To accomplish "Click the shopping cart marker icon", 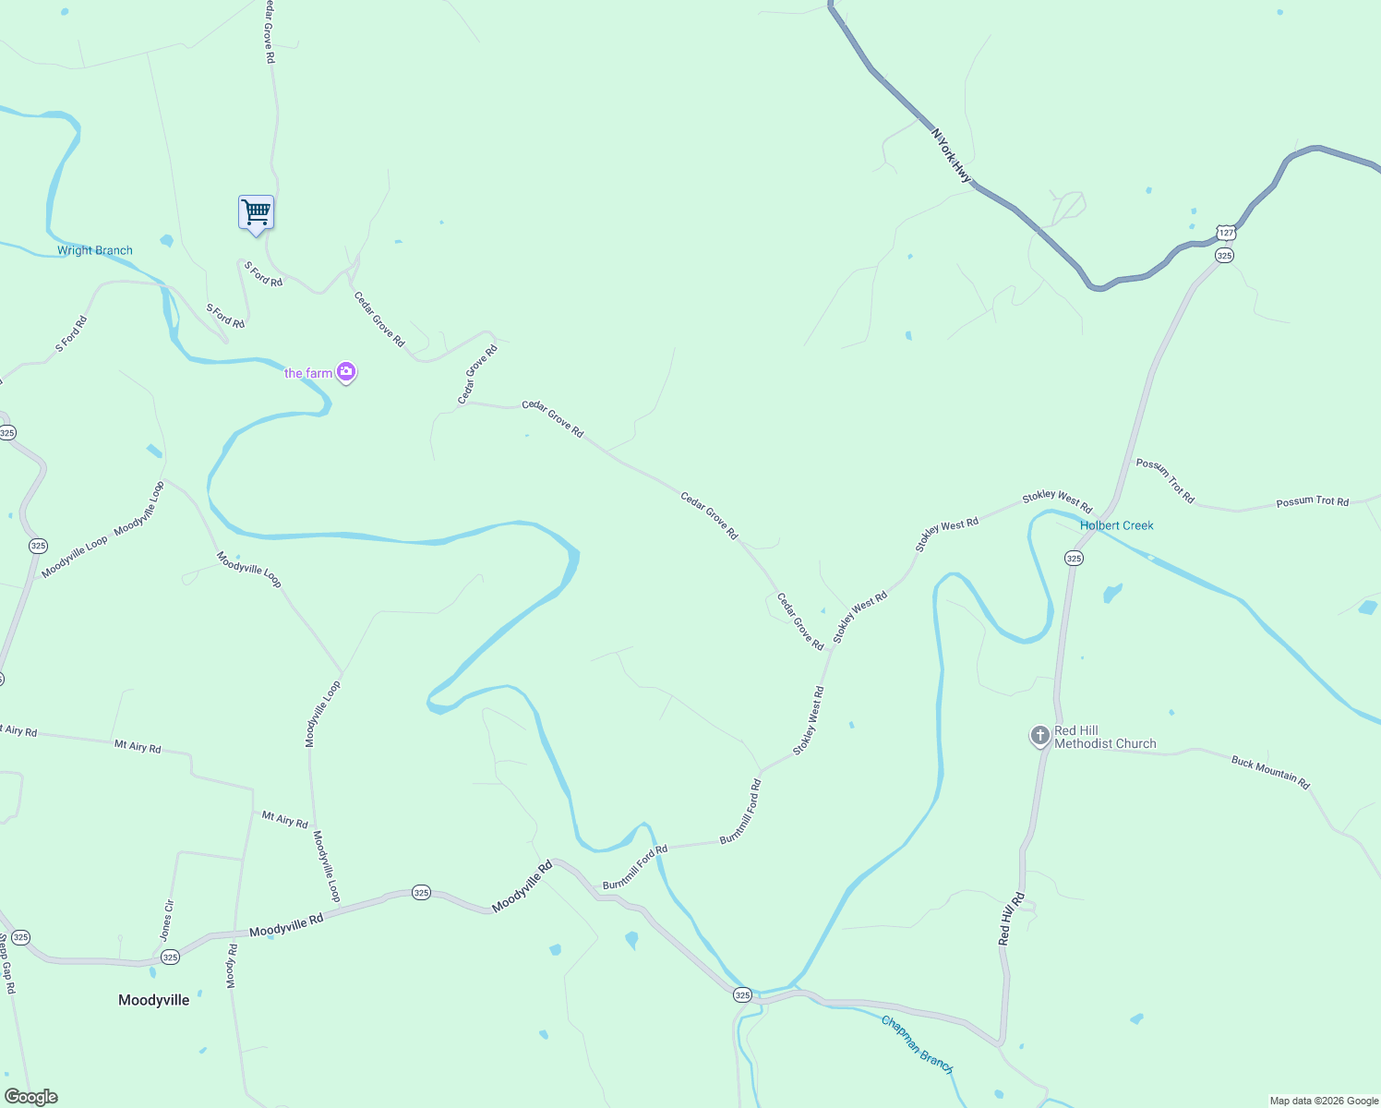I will point(256,212).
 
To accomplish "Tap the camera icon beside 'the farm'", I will point(346,372).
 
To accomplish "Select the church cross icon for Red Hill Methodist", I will point(1040,736).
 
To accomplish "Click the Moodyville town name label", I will point(154,1000).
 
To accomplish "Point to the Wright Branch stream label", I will point(95,250).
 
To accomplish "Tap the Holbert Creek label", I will point(1117,525).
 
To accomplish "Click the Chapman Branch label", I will point(917,1044).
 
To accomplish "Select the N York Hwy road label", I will point(952,155).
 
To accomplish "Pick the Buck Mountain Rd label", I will point(1270,773).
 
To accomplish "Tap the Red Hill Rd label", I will point(1011,919).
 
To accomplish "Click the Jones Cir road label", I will point(166,920).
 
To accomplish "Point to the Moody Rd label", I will point(232,966).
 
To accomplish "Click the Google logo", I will point(30,1097).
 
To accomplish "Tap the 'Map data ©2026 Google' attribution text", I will point(1324,1101).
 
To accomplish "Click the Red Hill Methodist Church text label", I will point(1104,737).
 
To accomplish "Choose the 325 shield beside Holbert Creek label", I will point(1074,558).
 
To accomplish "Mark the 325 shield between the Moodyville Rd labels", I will point(421,892).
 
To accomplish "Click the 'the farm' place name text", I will point(308,373).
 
